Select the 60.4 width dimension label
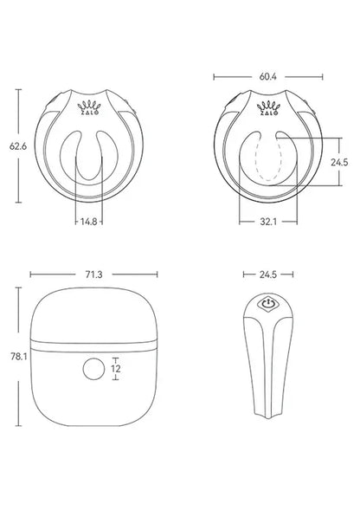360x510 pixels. click(268, 76)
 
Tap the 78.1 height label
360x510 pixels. click(14, 355)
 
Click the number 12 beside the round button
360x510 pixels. click(115, 370)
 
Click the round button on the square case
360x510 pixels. click(92, 371)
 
